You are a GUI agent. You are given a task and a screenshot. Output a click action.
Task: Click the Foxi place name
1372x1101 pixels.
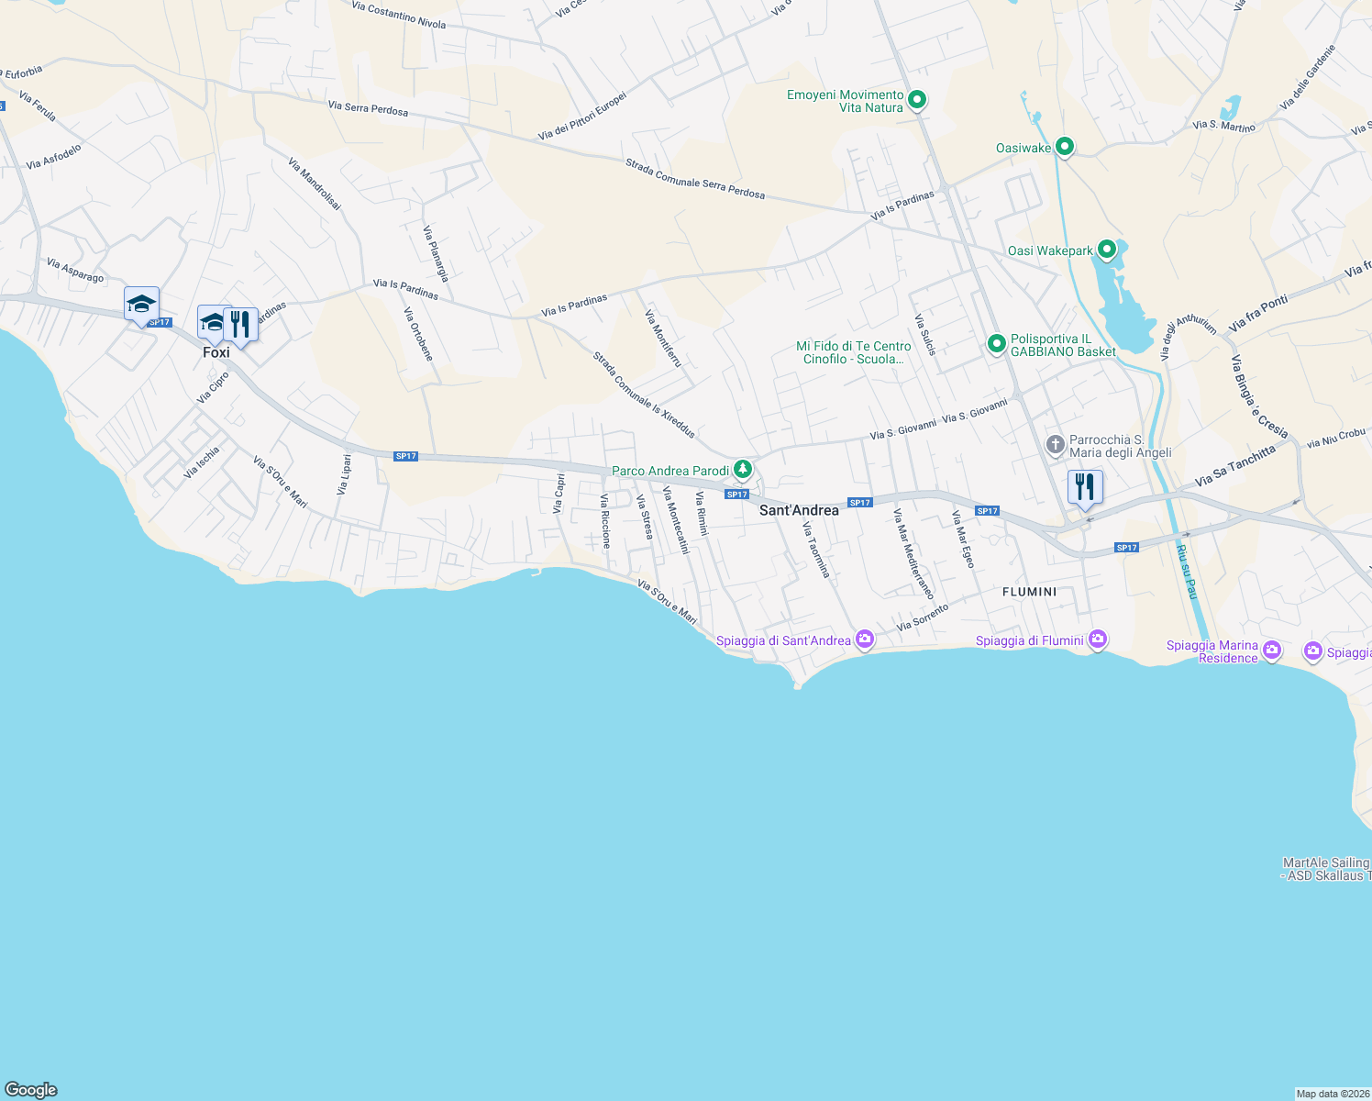216,352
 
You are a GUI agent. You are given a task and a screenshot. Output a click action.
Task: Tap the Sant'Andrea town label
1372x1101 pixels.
799,510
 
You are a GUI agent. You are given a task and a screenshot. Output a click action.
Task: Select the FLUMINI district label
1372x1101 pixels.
1029,592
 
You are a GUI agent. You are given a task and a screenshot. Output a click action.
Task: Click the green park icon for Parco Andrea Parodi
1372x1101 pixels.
743,471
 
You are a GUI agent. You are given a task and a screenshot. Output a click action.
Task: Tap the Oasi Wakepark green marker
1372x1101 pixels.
1107,250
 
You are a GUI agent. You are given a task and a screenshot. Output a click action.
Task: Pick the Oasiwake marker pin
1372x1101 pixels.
1065,147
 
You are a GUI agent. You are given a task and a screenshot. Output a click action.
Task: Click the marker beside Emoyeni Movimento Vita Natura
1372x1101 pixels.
917,99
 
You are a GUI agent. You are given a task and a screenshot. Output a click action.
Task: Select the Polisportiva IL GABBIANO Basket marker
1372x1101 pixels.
997,344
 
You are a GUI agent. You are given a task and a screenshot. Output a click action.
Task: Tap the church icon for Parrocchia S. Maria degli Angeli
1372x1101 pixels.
1056,446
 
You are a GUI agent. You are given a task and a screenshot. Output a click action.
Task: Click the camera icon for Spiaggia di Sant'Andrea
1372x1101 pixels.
864,639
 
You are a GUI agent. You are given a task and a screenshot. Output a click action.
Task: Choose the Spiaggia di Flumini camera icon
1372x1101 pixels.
1098,639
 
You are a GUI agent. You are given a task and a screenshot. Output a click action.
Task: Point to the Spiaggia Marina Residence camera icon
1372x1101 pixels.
1271,651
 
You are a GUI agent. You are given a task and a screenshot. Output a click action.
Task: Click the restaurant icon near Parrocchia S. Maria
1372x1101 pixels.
1085,486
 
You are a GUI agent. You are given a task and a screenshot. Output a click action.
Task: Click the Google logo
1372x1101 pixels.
31,1090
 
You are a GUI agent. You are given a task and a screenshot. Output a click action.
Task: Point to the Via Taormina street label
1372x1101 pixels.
816,550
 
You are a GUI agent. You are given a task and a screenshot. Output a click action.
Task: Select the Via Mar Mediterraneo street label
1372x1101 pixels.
913,554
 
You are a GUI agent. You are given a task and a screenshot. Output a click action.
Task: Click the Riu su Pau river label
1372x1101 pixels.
1186,571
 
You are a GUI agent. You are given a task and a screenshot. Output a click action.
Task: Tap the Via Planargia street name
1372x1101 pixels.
436,253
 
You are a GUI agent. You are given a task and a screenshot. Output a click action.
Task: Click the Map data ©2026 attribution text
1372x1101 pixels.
1333,1094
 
